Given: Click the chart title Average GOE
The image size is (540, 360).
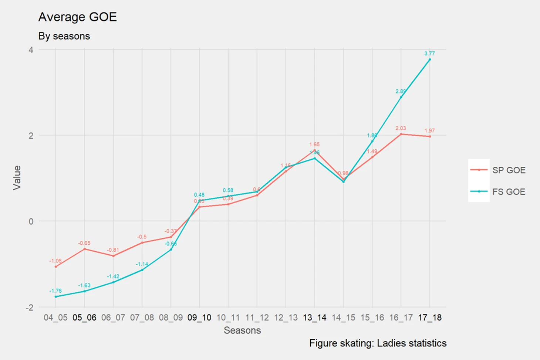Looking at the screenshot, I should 78,17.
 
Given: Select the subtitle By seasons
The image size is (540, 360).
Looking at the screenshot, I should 64,36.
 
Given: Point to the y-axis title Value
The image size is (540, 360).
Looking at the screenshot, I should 17,178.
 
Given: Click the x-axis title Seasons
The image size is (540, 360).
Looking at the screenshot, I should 242,330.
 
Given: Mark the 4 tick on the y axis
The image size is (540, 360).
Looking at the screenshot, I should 31,50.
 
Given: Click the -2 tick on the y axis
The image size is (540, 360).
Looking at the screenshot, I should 29,308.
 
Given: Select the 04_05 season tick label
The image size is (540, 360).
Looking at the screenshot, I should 55,317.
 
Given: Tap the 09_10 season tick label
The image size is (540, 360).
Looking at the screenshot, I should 199,317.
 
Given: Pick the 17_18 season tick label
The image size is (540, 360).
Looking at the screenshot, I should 430,317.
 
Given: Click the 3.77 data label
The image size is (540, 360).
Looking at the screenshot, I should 429,54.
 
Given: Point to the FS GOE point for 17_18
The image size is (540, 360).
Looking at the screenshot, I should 430,60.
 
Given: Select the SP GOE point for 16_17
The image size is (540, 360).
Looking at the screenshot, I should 401,134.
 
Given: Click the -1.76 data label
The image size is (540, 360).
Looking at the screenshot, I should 55,291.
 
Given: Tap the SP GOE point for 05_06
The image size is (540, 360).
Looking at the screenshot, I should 84,249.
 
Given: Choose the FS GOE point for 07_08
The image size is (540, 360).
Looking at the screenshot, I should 142,270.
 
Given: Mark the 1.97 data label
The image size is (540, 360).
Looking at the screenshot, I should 429,131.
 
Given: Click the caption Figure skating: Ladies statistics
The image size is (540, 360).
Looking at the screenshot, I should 378,343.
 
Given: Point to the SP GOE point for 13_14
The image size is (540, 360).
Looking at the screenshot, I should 315,150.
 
